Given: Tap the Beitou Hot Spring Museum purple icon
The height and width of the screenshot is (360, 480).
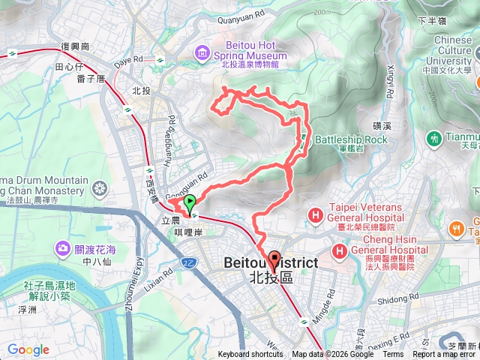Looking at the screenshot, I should (x=202, y=52).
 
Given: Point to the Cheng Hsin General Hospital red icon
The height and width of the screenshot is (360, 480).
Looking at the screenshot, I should (x=340, y=250).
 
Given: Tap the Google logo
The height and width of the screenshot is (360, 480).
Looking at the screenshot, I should (x=28, y=349).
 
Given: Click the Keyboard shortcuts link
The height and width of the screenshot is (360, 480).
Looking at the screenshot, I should (x=250, y=355).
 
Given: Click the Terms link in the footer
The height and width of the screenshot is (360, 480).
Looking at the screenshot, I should (x=392, y=355).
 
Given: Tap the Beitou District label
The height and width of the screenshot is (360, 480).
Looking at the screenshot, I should (x=271, y=263).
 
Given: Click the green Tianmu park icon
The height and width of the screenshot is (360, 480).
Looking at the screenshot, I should (x=434, y=138).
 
